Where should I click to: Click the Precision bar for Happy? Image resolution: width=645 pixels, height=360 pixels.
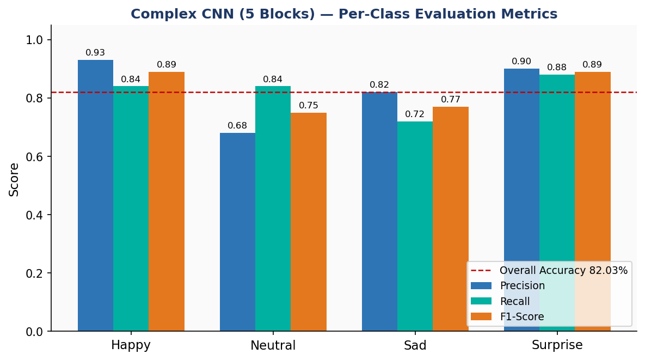click(95, 196)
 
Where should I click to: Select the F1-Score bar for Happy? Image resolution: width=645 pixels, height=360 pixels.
click(167, 202)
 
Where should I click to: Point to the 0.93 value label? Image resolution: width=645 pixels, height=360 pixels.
click(95, 53)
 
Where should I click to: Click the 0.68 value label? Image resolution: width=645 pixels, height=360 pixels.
click(237, 126)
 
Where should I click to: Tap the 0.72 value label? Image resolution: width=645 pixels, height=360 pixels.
click(415, 114)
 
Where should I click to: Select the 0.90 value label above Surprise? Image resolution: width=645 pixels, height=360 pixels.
click(521, 62)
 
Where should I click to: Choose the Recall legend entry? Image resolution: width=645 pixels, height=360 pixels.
click(514, 301)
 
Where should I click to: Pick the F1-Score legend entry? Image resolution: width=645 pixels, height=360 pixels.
click(521, 316)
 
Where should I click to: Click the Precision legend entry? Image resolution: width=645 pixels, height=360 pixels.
click(522, 286)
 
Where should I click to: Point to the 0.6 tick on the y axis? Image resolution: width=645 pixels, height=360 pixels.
click(35, 157)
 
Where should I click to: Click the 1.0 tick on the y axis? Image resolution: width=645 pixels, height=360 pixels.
click(35, 40)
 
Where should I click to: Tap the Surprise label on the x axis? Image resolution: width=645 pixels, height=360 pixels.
click(557, 345)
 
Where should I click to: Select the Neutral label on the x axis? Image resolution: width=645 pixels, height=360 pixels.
click(273, 345)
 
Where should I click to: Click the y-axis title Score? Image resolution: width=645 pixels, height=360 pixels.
click(14, 179)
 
